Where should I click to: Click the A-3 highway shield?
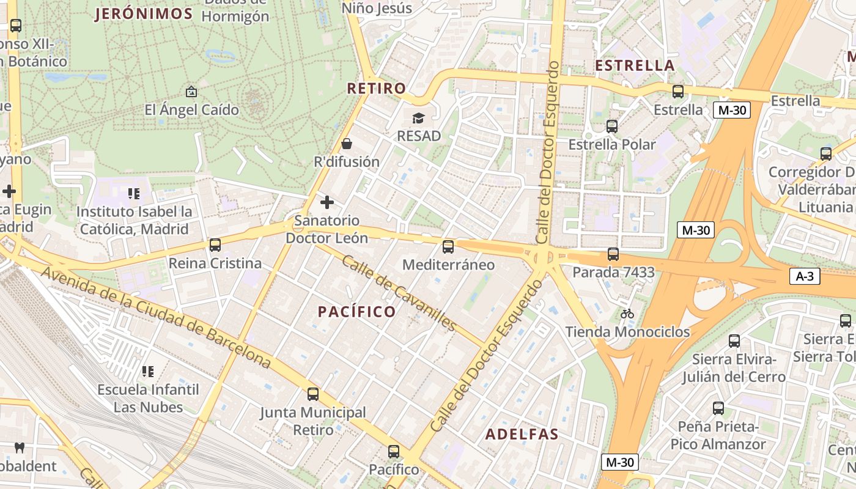(x=804, y=276)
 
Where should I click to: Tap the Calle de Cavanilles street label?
(x=399, y=292)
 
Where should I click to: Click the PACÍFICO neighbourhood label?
(x=357, y=312)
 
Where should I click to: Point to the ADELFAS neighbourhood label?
(x=522, y=435)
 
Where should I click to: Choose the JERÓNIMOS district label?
(x=144, y=14)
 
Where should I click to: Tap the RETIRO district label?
(x=377, y=88)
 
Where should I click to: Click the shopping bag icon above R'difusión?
(x=347, y=144)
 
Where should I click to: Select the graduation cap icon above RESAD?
(x=418, y=118)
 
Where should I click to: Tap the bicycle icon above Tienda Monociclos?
(x=627, y=314)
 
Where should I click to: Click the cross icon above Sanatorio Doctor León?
(x=327, y=202)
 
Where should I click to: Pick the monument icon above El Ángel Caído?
(x=191, y=92)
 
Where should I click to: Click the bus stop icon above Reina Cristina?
(x=215, y=245)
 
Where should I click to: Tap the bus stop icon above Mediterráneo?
(x=448, y=247)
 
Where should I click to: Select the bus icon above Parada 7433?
(x=613, y=254)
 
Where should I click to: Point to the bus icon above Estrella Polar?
(x=612, y=127)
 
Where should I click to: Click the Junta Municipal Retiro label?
(x=313, y=421)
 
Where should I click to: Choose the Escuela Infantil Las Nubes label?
(x=149, y=398)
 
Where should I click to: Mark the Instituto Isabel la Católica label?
(x=135, y=221)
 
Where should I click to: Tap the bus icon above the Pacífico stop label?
(x=394, y=452)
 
